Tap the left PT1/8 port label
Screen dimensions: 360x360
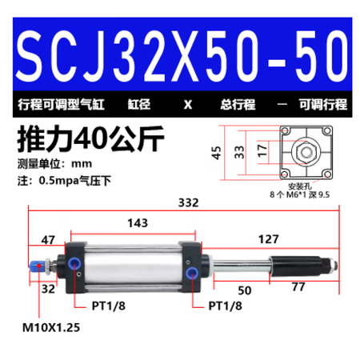pyautogui.click(x=107, y=304)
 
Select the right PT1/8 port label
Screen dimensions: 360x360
pyautogui.click(x=226, y=304)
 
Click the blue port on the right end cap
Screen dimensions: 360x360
pyautogui.click(x=194, y=277)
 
